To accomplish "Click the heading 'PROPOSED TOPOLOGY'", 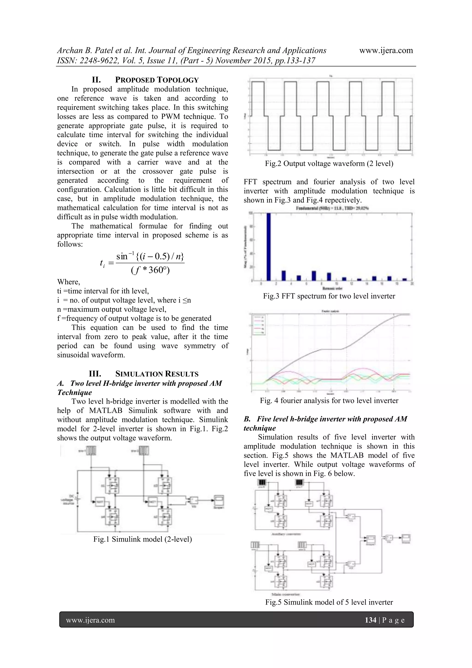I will pos(157,80).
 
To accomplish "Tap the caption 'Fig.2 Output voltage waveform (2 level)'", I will pos(329,163).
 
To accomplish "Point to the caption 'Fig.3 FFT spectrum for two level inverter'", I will pos(329,296).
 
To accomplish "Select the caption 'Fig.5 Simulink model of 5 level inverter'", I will pos(329,602).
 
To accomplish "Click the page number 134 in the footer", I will pos(371,620).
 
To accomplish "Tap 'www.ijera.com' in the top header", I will pos(386,51).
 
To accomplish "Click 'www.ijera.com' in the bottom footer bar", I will pos(90,620).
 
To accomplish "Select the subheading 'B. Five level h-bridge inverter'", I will pos(325,419).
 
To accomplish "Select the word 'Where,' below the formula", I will pos(69,282).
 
